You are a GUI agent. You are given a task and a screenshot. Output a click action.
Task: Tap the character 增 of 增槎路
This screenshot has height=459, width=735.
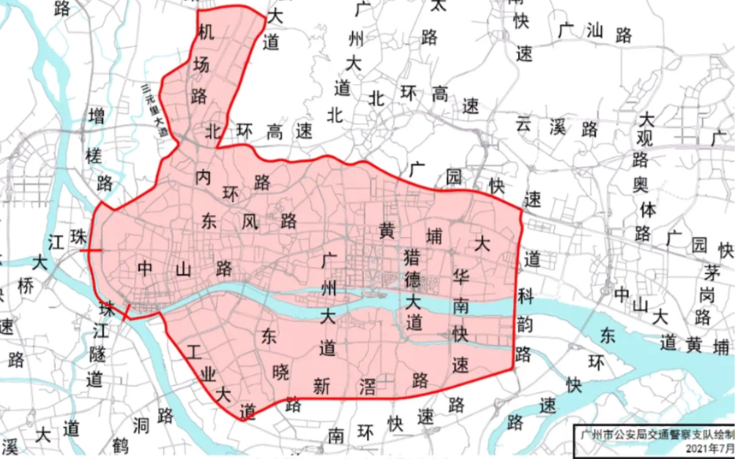coord(97,116)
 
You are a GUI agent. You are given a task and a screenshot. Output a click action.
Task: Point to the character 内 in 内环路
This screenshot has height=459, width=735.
coord(204,176)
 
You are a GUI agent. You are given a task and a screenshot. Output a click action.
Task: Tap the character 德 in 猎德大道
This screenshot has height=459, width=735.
coord(413,280)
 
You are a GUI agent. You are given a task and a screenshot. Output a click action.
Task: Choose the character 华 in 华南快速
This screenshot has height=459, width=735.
coord(461,279)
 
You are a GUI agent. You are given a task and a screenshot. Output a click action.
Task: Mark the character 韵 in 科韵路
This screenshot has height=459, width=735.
coord(524,325)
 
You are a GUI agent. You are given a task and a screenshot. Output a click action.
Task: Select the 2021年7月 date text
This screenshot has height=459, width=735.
coord(708,447)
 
